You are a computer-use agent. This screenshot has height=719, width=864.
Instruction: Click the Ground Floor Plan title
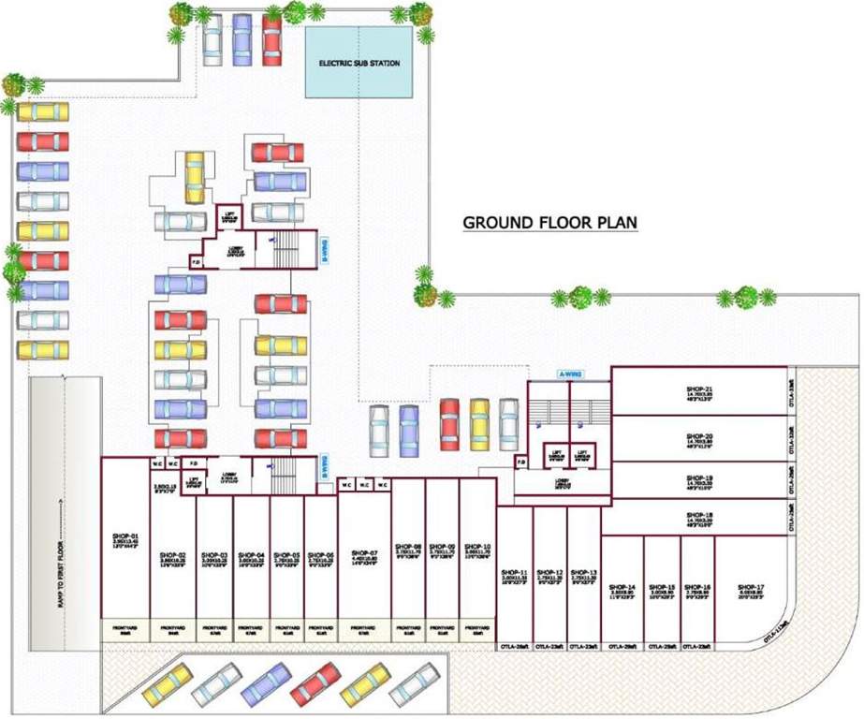tap(550, 223)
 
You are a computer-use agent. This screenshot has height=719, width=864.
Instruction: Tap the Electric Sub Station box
tap(359, 63)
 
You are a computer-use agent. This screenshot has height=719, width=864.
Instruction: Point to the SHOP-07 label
tap(366, 552)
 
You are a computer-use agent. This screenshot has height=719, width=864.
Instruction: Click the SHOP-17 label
tap(752, 587)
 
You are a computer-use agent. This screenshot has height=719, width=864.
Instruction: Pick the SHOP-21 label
tap(699, 389)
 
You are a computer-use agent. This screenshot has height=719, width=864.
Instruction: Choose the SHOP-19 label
tap(699, 477)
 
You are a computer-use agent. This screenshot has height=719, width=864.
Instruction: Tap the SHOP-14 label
tap(621, 587)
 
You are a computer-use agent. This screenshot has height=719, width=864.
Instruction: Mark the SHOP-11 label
tap(514, 572)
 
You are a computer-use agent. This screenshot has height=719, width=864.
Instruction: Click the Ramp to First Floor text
tap(59, 552)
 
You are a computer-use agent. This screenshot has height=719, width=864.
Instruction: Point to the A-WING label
tap(570, 374)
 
